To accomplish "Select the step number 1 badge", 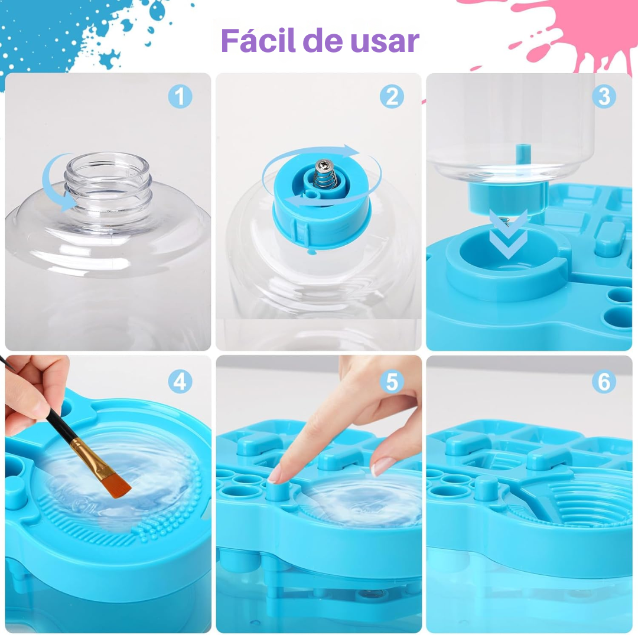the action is pyautogui.click(x=180, y=97).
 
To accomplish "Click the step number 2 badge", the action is pyautogui.click(x=392, y=97).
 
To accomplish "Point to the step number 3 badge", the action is pyautogui.click(x=604, y=97).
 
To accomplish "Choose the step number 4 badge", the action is pyautogui.click(x=180, y=382).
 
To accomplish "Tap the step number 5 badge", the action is pyautogui.click(x=392, y=382).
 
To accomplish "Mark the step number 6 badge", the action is pyautogui.click(x=604, y=382).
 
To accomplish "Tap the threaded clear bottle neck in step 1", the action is pyautogui.click(x=108, y=183).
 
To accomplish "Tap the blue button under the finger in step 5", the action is pyautogui.click(x=278, y=491).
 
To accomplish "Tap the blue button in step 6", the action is pyautogui.click(x=487, y=489).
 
